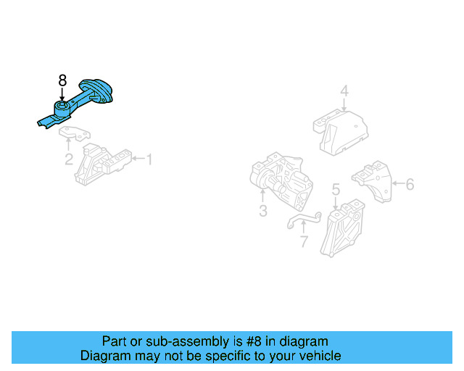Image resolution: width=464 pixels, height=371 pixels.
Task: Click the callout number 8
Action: (x=62, y=80)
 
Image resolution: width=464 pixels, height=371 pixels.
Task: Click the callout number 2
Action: (x=69, y=159)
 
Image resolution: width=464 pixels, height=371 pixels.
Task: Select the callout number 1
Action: (x=149, y=159)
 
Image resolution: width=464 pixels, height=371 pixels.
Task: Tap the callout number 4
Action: (x=344, y=91)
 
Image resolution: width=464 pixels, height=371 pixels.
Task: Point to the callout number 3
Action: (x=262, y=211)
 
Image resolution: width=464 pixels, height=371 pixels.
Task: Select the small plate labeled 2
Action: (x=75, y=133)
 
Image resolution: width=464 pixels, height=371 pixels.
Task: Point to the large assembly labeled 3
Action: (x=283, y=180)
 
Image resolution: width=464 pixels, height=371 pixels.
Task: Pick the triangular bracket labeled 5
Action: (x=343, y=226)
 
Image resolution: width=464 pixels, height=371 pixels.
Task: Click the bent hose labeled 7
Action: (x=302, y=217)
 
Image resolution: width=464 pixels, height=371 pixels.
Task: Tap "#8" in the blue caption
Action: (x=241, y=341)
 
